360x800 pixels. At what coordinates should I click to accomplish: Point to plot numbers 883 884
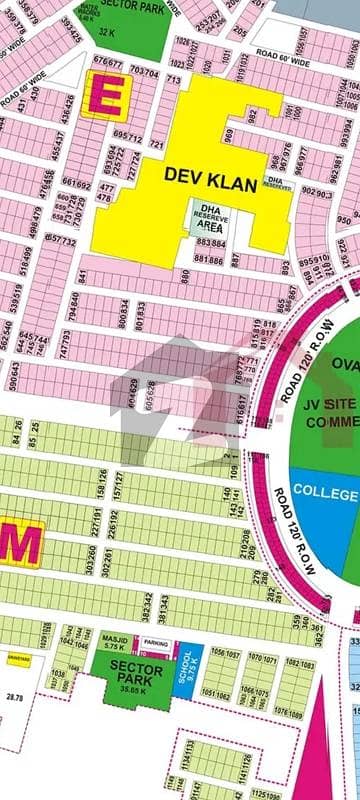tap(210, 241)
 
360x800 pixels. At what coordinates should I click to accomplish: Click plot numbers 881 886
tap(210, 258)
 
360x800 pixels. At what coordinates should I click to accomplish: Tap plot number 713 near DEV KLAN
tap(172, 79)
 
